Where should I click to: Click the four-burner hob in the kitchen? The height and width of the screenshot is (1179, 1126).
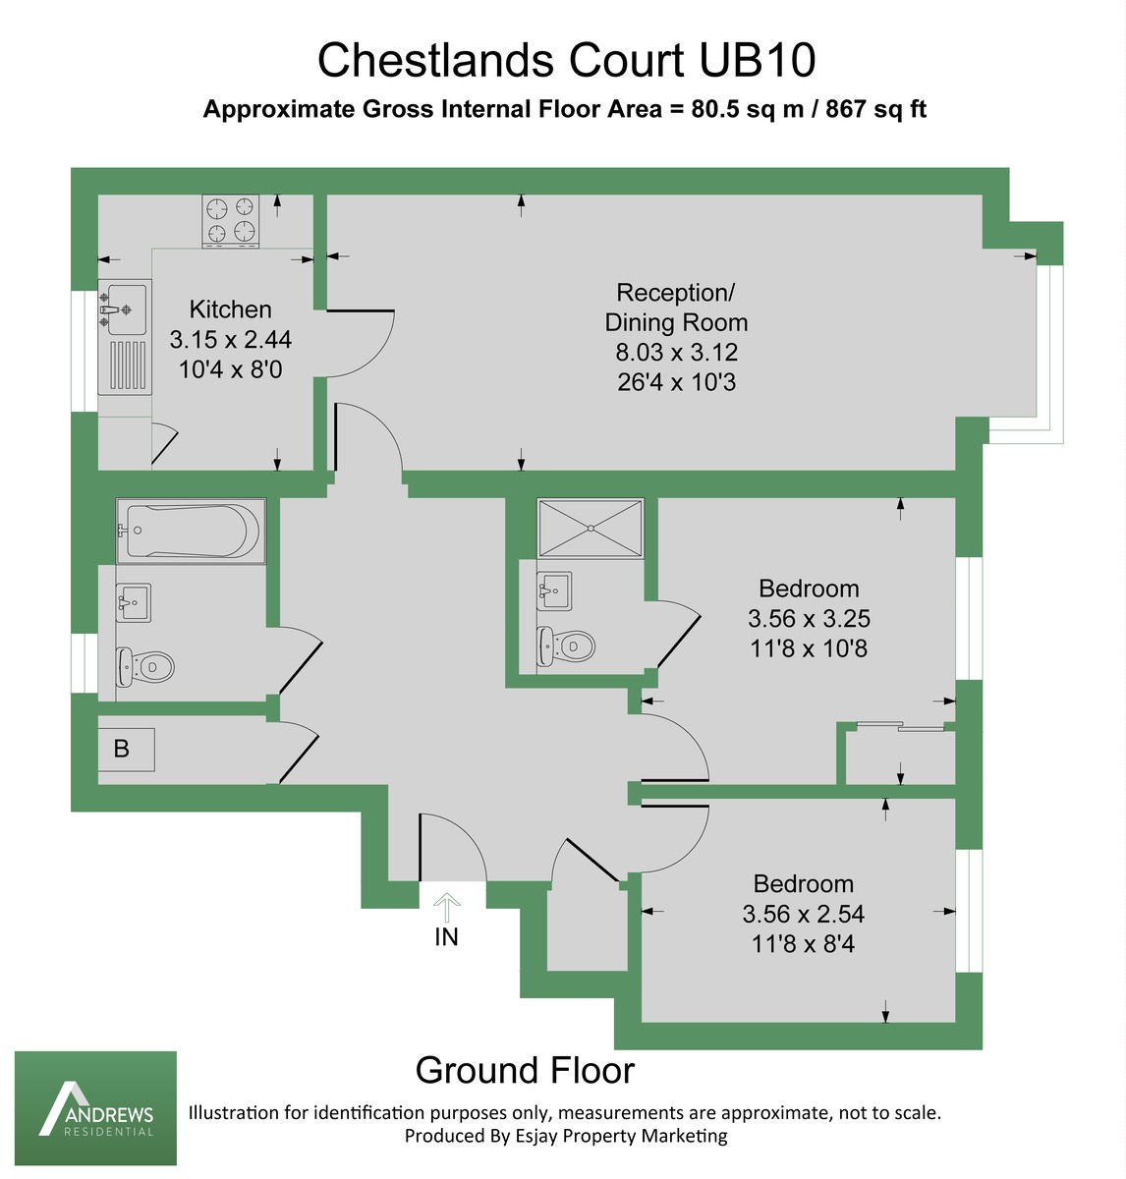pyautogui.click(x=231, y=220)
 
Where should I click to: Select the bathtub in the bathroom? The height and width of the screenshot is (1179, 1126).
pyautogui.click(x=191, y=532)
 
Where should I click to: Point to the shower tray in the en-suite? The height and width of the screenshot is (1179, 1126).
pyautogui.click(x=590, y=528)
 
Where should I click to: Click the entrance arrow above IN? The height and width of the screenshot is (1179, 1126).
pyautogui.click(x=447, y=903)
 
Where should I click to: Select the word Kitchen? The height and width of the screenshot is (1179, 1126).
pyautogui.click(x=230, y=309)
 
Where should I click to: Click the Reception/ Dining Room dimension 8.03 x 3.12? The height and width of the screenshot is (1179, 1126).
pyautogui.click(x=675, y=353)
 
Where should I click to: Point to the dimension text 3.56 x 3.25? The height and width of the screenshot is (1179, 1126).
pyautogui.click(x=809, y=619)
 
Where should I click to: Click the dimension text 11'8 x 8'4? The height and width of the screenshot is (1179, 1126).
pyautogui.click(x=803, y=944)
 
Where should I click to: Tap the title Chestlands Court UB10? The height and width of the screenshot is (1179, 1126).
pyautogui.click(x=566, y=61)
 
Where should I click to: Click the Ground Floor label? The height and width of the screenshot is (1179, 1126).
pyautogui.click(x=525, y=1070)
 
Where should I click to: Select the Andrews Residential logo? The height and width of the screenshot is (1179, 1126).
pyautogui.click(x=95, y=1108)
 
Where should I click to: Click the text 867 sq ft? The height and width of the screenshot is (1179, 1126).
pyautogui.click(x=876, y=109)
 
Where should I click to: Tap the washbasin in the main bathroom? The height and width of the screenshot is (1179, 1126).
pyautogui.click(x=133, y=601)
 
